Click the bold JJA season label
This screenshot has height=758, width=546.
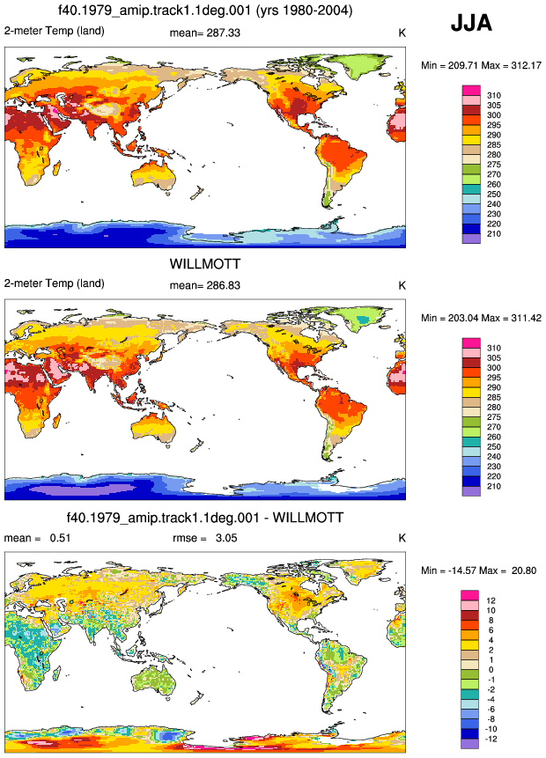pyautogui.click(x=471, y=23)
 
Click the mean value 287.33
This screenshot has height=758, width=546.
pyautogui.click(x=222, y=33)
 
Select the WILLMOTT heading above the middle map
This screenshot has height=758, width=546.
pyautogui.click(x=205, y=264)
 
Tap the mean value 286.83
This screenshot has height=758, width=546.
pyautogui.click(x=222, y=285)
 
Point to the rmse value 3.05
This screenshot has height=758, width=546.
pyautogui.click(x=226, y=538)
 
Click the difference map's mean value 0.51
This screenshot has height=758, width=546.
pyautogui.click(x=61, y=538)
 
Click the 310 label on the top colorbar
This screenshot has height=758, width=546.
pyautogui.click(x=494, y=95)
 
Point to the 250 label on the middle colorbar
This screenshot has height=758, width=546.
pyautogui.click(x=494, y=446)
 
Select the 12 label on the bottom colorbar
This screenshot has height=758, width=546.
pyautogui.click(x=491, y=600)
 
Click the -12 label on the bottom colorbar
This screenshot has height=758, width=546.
pyautogui.click(x=491, y=739)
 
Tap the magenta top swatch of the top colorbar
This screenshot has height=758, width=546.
pyautogui.click(x=471, y=91)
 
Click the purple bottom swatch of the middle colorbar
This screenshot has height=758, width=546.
pyautogui.click(x=471, y=491)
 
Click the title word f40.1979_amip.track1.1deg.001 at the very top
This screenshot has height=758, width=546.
pyautogui.click(x=154, y=11)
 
